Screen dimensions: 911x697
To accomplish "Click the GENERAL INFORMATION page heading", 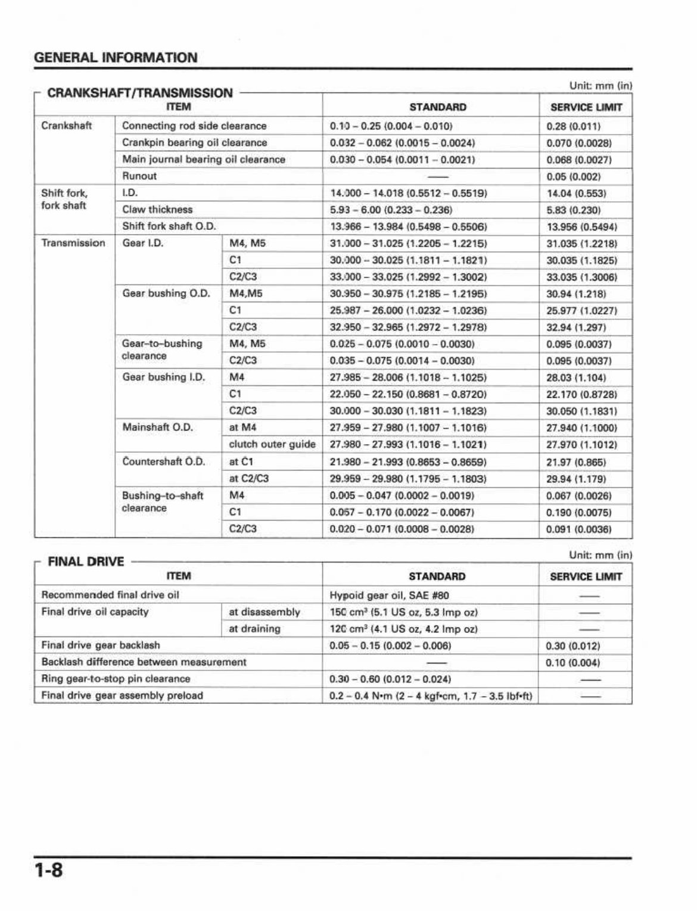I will pos(116,58).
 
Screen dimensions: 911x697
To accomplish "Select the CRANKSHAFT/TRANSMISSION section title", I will pos(139,93).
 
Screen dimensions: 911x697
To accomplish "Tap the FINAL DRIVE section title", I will pos(86,561).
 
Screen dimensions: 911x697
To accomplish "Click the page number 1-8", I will pos(48,871).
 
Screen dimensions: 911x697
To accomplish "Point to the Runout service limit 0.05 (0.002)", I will pos(573,177).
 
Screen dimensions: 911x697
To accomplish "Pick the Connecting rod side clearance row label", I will pos(194,126).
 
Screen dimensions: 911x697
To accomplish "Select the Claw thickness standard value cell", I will pos(391,210).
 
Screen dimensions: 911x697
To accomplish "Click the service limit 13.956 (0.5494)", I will pos(581,227).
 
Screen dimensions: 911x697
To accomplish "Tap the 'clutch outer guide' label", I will pos(272,444).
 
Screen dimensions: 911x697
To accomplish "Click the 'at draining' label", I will pos(254,629).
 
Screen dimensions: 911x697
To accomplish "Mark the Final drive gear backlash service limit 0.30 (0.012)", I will pos(573,646).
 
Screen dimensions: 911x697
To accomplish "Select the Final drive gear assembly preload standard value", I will pos(431,696).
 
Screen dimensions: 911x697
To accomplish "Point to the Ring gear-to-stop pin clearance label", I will pos(116,679).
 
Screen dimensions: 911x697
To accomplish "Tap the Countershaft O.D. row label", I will pos(163,461).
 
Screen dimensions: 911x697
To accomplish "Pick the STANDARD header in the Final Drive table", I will pos(437,576).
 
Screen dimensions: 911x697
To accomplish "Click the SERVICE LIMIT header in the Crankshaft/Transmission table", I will pos(586,108).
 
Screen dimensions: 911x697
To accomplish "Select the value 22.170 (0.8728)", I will pos(581,394).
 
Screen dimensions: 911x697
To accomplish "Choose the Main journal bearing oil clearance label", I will pos(203,160).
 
